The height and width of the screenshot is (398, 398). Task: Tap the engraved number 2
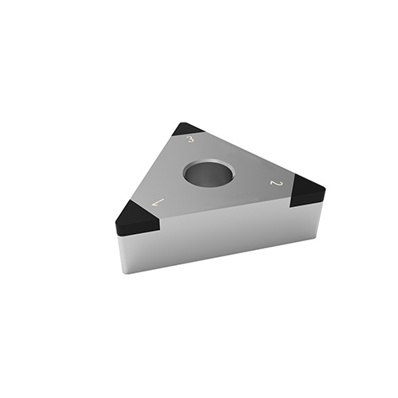pyautogui.click(x=276, y=184)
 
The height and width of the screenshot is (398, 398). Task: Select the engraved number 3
pyautogui.click(x=190, y=140)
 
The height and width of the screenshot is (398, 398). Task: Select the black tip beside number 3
pyautogui.click(x=189, y=129)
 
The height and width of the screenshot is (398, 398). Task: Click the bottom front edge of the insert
pyautogui.click(x=223, y=256)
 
